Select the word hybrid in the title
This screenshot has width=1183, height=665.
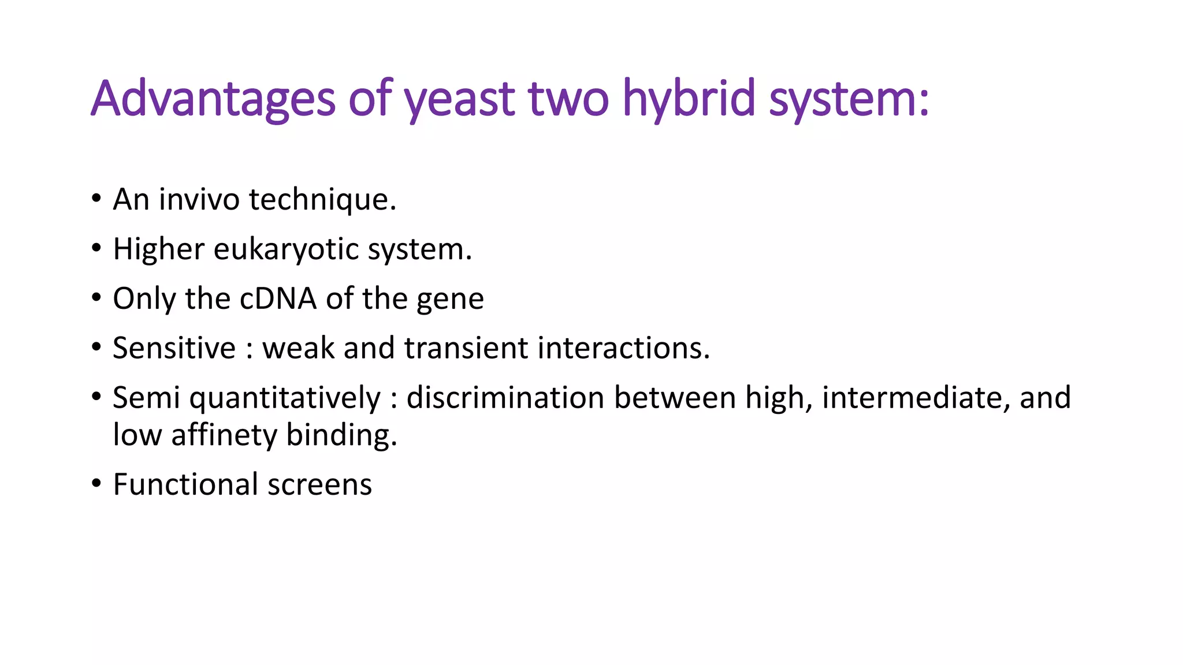pyautogui.click(x=689, y=99)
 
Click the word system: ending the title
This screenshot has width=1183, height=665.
pyautogui.click(x=849, y=99)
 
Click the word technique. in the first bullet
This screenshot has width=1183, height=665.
pyautogui.click(x=322, y=200)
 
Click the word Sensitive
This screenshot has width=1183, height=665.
pyautogui.click(x=174, y=349)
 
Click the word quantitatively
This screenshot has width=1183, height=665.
pyautogui.click(x=285, y=398)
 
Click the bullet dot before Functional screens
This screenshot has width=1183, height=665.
pyautogui.click(x=96, y=484)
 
